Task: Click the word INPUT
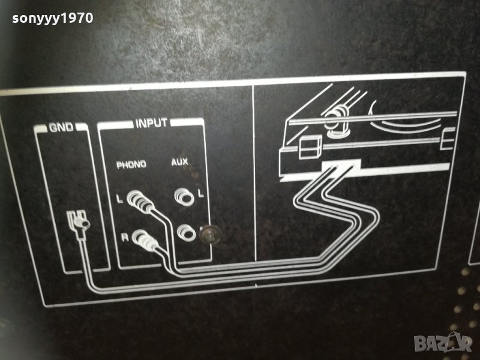151,124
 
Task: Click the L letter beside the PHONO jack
120,199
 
